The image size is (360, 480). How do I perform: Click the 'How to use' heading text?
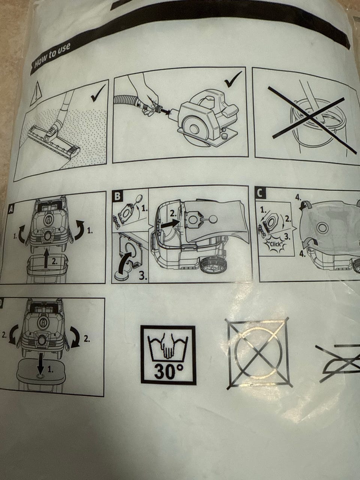52,55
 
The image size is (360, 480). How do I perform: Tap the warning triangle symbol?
36,93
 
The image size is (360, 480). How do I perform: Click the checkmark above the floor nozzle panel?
98,93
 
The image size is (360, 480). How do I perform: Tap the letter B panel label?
117,196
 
